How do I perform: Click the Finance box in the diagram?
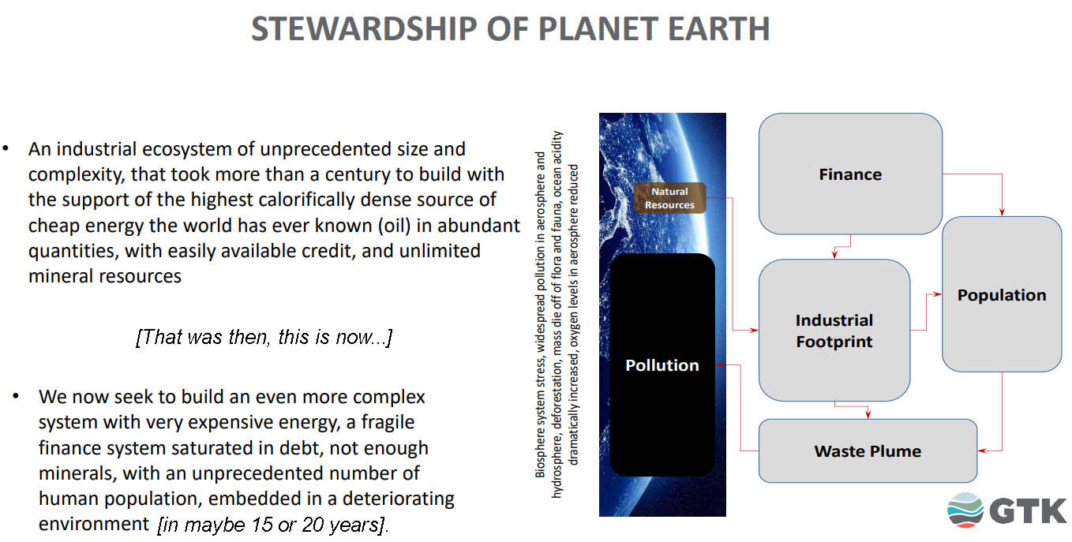click(x=850, y=174)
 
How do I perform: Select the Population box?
click(x=1002, y=294)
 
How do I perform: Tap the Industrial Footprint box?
click(x=834, y=330)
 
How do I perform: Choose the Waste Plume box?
click(x=868, y=450)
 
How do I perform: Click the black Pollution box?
click(x=662, y=364)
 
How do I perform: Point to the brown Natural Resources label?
click(x=669, y=197)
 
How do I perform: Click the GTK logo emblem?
click(x=965, y=510)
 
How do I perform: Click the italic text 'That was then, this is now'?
click(x=264, y=337)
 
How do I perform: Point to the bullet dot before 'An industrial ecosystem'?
click(x=6, y=148)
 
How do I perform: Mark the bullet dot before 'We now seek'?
click(x=16, y=396)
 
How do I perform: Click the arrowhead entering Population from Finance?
click(x=1002, y=212)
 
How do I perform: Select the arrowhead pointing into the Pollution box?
click(x=720, y=364)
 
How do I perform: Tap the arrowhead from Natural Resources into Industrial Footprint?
click(x=754, y=330)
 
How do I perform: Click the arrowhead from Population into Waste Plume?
click(x=982, y=450)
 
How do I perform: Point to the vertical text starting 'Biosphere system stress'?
click(x=557, y=314)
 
